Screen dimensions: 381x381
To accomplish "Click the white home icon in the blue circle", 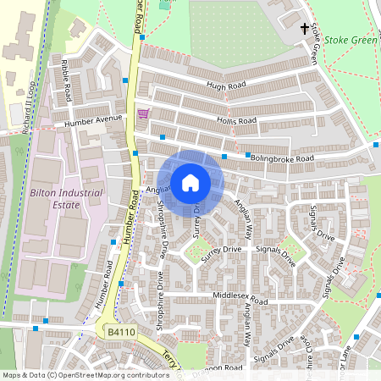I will pos(190,183).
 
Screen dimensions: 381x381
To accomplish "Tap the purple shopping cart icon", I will pos(142,114).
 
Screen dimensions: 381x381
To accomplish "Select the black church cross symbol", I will pos(305,30).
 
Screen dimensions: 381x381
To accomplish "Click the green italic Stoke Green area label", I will pos(349,39).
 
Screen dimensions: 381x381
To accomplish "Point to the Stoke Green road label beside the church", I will pos(313,44).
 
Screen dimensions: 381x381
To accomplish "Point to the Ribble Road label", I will pos(65,80).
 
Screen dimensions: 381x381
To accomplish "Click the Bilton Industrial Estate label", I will pos(66,198).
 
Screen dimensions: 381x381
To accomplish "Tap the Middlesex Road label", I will pos(240,301).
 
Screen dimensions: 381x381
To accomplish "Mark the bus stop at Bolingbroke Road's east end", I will pos(375,145).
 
